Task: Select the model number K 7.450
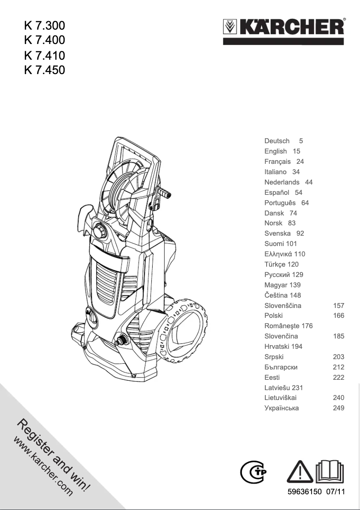point(44,70)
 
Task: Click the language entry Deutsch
point(277,141)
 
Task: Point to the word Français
point(277,162)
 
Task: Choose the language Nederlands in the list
point(282,182)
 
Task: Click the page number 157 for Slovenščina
point(338,306)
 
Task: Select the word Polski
point(273,316)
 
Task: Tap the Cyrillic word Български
point(281,367)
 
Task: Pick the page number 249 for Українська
point(338,408)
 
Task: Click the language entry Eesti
point(272,378)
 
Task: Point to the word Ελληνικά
point(279,254)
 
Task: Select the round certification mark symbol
point(252,471)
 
